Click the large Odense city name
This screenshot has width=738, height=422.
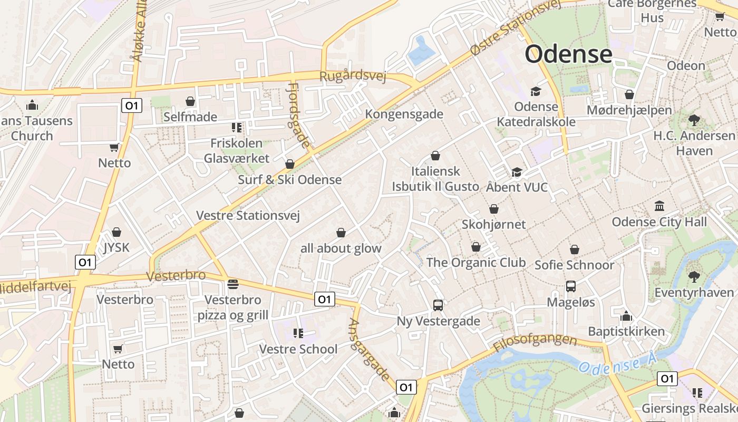pyautogui.click(x=568, y=54)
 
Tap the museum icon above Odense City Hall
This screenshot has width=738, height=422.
pyautogui.click(x=659, y=206)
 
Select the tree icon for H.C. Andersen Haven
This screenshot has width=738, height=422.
pyautogui.click(x=694, y=120)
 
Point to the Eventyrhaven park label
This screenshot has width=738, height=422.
pyautogui.click(x=694, y=292)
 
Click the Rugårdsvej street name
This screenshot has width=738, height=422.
pyautogui.click(x=353, y=76)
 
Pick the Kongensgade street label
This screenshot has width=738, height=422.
pyautogui.click(x=404, y=114)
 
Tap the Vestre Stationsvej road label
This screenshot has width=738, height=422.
pyautogui.click(x=248, y=215)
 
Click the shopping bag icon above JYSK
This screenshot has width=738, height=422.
pyautogui.click(x=116, y=232)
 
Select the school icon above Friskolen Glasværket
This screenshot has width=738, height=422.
pyautogui.click(x=236, y=127)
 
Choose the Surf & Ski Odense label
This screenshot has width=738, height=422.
pyautogui.click(x=289, y=179)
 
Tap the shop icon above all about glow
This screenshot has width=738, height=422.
pyautogui.click(x=341, y=233)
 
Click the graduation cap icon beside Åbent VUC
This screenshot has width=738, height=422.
pyautogui.click(x=516, y=172)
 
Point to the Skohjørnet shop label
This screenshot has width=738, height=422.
pyautogui.click(x=493, y=224)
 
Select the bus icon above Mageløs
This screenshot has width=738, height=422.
pyautogui.click(x=570, y=286)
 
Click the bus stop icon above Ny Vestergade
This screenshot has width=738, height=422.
pyautogui.click(x=438, y=305)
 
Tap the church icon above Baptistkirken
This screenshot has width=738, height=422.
pyautogui.click(x=626, y=316)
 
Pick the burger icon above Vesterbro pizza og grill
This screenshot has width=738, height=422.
pyautogui.click(x=233, y=284)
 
